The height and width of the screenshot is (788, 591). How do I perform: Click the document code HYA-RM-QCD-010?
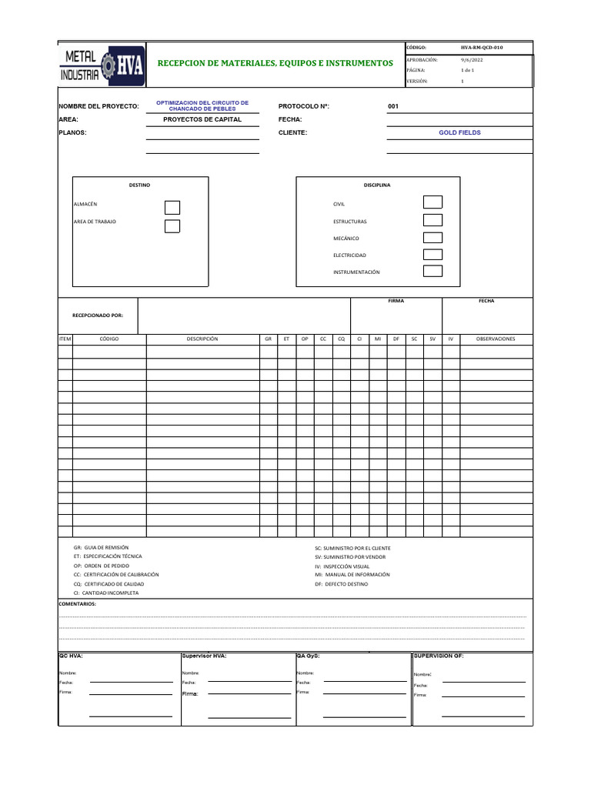pyautogui.click(x=482, y=48)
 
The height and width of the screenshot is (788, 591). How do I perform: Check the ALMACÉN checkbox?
pyautogui.click(x=172, y=207)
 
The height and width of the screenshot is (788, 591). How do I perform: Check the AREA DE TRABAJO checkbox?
pyautogui.click(x=172, y=225)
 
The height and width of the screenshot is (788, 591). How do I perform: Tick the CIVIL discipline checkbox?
pyautogui.click(x=433, y=202)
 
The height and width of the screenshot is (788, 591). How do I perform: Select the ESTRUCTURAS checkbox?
pyautogui.click(x=433, y=221)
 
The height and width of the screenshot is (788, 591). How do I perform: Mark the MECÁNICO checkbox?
pyautogui.click(x=433, y=238)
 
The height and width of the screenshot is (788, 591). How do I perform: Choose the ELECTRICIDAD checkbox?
pyautogui.click(x=433, y=255)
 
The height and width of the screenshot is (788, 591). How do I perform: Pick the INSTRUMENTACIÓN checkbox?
pyautogui.click(x=433, y=271)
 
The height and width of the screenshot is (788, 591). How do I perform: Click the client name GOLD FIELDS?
pyautogui.click(x=459, y=132)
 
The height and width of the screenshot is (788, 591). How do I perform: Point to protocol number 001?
pyautogui.click(x=393, y=106)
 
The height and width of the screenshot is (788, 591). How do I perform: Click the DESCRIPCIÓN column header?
pyautogui.click(x=202, y=339)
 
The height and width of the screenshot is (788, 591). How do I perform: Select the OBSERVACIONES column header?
pyautogui.click(x=496, y=339)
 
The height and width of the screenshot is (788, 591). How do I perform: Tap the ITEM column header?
pyautogui.click(x=65, y=339)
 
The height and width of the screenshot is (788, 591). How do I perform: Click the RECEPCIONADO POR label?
pyautogui.click(x=97, y=316)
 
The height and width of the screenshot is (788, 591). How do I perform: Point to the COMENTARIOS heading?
pyautogui.click(x=78, y=604)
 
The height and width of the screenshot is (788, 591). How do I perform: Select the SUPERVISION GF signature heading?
pyautogui.click(x=439, y=656)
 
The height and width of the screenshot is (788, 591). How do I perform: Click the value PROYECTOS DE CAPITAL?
pyautogui.click(x=202, y=120)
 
